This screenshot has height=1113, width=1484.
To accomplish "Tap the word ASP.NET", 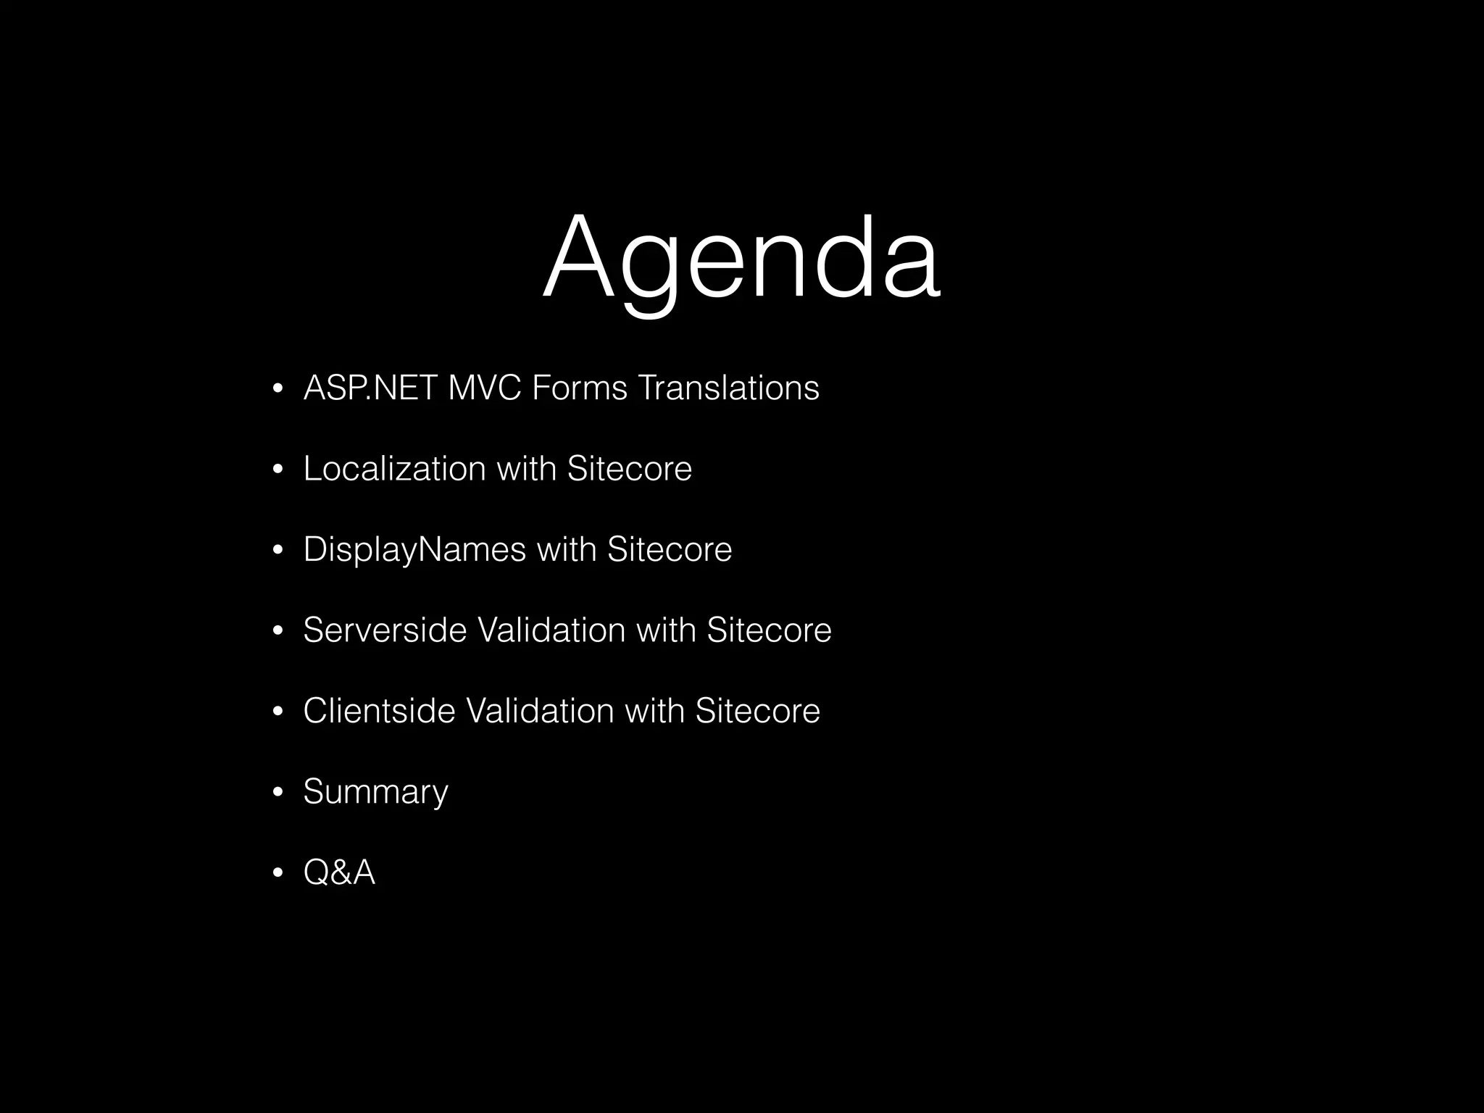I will [370, 388].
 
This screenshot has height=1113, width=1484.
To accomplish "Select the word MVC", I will [485, 388].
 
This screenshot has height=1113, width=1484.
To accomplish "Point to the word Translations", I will [728, 388].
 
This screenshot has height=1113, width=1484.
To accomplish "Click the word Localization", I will [394, 469].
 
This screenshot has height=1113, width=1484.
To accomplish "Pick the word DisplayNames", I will [414, 550].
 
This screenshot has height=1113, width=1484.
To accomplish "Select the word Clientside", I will [379, 711].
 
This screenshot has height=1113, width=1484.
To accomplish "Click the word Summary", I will [375, 792].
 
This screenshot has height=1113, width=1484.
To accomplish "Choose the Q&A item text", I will [339, 872].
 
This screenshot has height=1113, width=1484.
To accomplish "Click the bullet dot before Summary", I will [277, 793].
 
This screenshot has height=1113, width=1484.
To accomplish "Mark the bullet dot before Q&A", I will [277, 874].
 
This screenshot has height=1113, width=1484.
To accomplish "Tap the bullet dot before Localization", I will [277, 471].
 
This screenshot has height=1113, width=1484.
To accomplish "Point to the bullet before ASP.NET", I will [277, 391].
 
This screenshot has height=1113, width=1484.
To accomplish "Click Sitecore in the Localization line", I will [629, 469].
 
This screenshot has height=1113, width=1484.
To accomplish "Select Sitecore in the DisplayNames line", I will [670, 550].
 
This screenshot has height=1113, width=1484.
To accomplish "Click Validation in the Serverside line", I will [551, 630].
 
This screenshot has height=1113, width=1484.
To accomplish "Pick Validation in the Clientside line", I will [539, 711].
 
